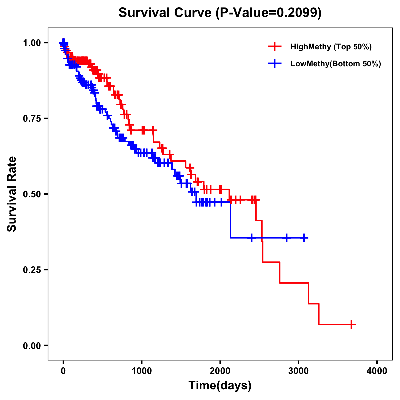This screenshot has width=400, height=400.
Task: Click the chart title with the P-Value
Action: point(220,13)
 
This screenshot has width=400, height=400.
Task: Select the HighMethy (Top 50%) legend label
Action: point(331,47)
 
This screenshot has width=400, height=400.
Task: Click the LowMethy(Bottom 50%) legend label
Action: point(336,64)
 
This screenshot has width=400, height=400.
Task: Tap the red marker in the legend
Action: point(275,47)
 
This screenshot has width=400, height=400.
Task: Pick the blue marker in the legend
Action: point(275,64)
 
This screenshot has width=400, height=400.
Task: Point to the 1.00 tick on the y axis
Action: point(32,43)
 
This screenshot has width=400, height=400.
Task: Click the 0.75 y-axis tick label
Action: point(32,119)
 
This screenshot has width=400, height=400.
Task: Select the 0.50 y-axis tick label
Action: point(32,194)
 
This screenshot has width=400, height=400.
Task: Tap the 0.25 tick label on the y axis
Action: point(32,270)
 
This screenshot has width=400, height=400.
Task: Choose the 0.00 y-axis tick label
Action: point(32,346)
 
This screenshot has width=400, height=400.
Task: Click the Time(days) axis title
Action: point(220,386)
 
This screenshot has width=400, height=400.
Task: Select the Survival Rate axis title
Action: point(12,194)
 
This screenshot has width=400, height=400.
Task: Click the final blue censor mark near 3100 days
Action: point(304,238)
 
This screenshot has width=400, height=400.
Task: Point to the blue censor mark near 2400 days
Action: point(252,238)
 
